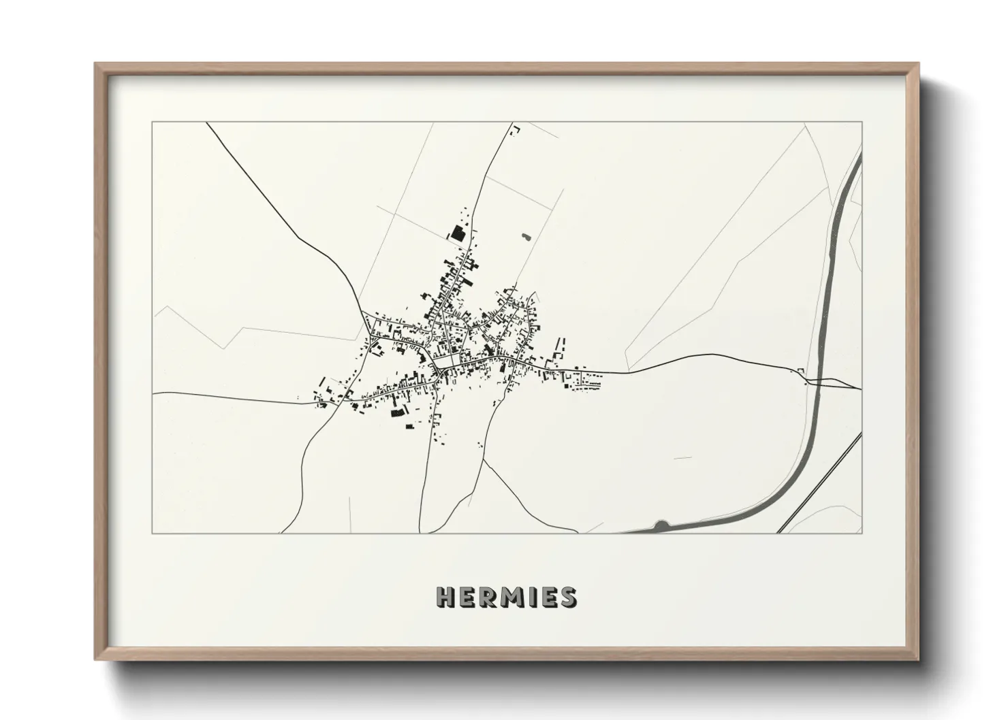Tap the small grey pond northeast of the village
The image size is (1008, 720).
[x=525, y=238]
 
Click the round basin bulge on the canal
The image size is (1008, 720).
[x=661, y=525]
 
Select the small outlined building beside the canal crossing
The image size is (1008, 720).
[x=802, y=370]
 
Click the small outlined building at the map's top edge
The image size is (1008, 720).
[x=516, y=129]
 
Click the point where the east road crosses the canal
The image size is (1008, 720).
[x=817, y=380]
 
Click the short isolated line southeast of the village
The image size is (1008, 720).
[x=682, y=458]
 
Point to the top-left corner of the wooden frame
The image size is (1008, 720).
[x=95, y=64]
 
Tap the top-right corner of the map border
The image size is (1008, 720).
[x=862, y=122]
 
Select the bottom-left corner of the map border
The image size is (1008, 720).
[x=153, y=533]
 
